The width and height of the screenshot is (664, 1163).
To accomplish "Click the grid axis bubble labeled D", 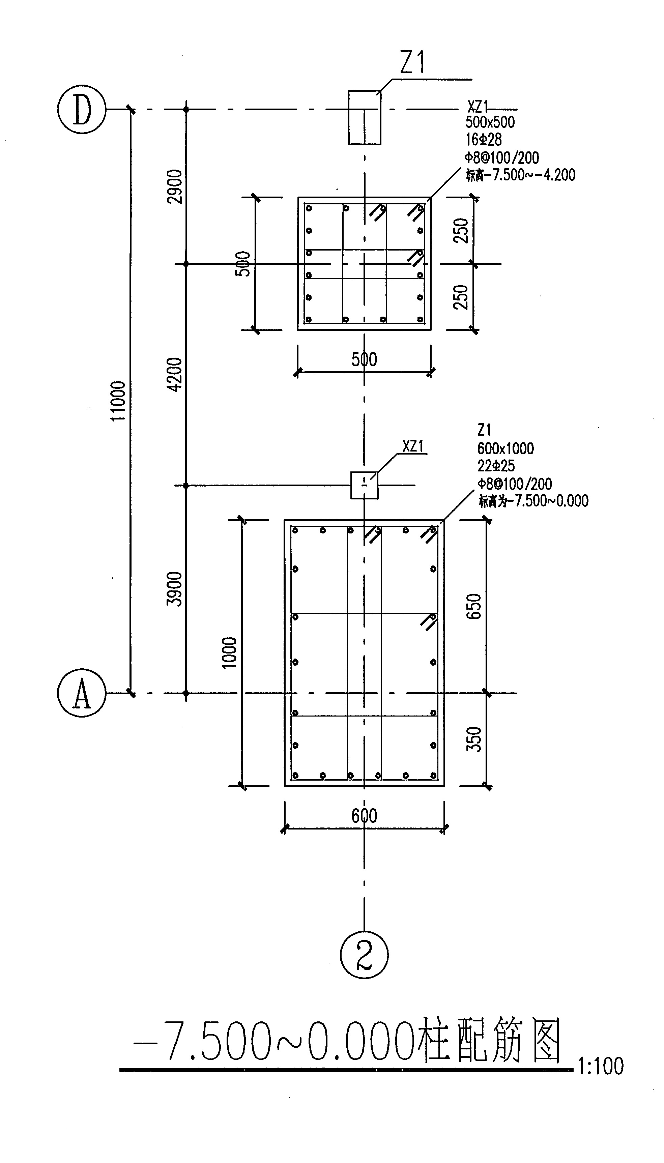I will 82,109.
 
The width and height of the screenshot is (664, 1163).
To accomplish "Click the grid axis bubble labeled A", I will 82,693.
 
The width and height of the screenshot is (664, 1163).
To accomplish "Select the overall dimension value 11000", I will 118,401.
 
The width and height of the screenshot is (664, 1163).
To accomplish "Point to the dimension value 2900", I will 175,187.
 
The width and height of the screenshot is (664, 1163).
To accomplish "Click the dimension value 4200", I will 175,374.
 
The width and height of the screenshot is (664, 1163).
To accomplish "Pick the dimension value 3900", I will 175,589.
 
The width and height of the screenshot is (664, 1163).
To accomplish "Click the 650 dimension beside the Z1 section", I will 474,606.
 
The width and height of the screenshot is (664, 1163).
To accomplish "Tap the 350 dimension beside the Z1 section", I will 474,739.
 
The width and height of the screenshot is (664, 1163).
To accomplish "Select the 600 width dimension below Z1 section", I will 364,816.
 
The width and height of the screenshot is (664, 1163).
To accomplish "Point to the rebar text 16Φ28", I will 483,140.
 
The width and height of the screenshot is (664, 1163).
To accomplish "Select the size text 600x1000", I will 505,448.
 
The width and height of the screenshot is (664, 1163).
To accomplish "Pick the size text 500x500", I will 490,122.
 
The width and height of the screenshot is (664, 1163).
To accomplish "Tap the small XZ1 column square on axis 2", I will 364,485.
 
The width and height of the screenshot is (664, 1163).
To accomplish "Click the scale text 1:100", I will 601,1066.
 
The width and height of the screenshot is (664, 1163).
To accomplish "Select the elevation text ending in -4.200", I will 520,175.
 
